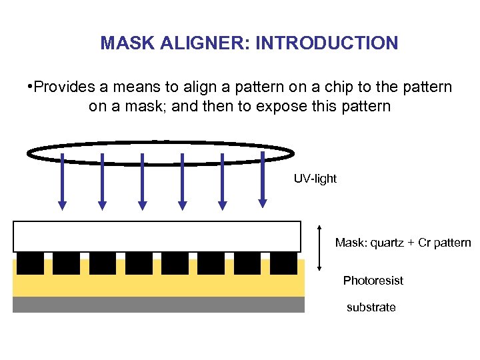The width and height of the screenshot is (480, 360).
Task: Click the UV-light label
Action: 315,179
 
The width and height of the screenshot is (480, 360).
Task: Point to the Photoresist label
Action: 373,281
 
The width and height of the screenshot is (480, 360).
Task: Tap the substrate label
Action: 371,307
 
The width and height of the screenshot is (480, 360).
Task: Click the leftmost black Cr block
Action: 30,263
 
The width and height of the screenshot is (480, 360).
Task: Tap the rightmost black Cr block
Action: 284,263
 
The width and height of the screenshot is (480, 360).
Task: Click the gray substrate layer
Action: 159,305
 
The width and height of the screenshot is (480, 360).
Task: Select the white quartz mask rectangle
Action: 157,236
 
